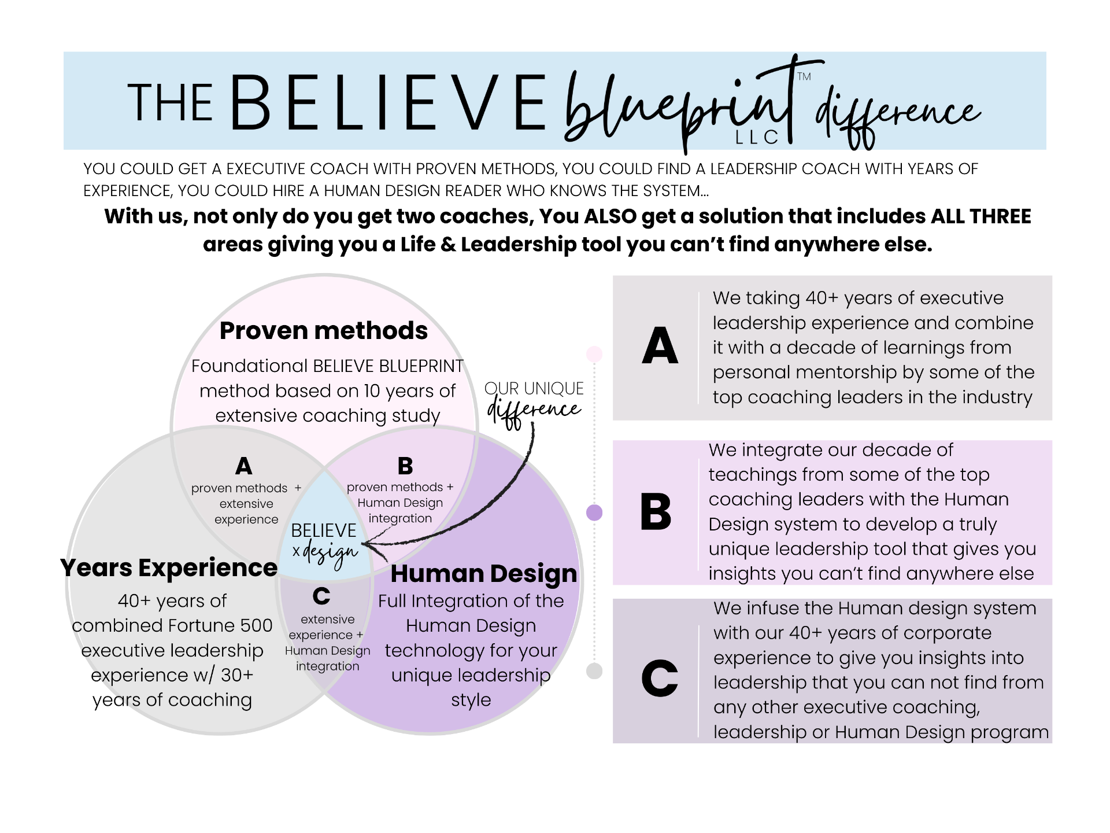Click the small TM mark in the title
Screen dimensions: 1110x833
tap(804, 76)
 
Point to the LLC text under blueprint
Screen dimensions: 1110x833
tap(757, 137)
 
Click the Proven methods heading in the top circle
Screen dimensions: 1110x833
tap(324, 331)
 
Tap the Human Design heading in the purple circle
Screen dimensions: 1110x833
tap(484, 574)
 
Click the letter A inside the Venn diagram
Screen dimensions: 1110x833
tap(243, 466)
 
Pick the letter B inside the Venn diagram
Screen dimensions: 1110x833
tap(405, 466)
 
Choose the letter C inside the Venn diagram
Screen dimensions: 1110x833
tap(321, 596)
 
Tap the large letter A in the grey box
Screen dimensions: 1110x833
tap(660, 346)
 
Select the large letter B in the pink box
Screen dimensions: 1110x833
tap(656, 512)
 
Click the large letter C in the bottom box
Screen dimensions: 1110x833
tap(660, 678)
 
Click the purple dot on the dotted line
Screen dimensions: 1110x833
tap(594, 513)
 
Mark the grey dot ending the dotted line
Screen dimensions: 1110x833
tap(594, 671)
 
